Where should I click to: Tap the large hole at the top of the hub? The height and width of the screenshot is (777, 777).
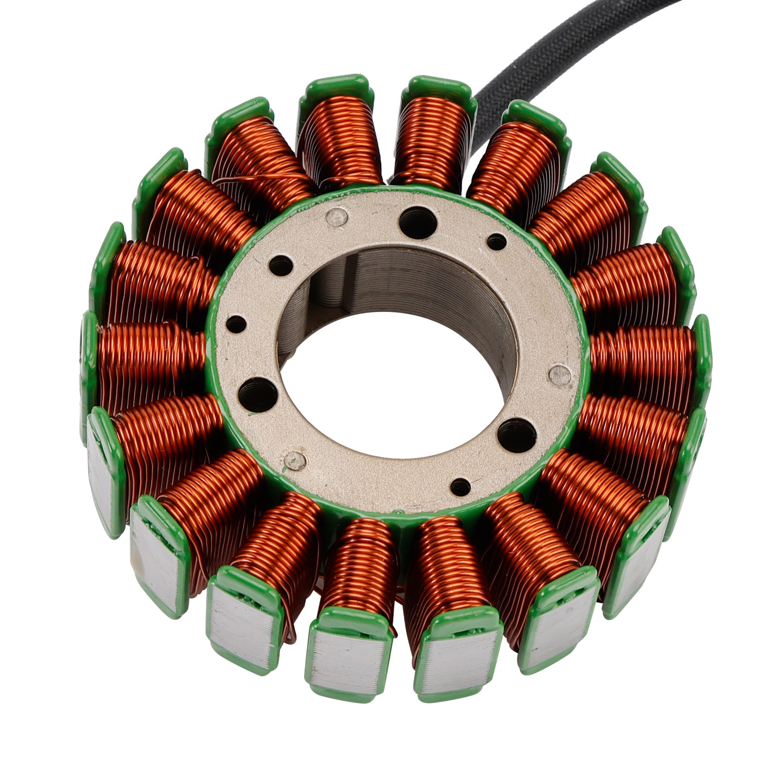tap(417, 222)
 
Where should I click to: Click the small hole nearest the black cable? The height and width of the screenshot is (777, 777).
tap(496, 241)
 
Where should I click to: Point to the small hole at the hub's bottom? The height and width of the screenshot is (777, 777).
tap(460, 487)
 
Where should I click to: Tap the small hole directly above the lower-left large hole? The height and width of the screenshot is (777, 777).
tap(236, 324)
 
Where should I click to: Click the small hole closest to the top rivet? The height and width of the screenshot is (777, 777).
tap(281, 265)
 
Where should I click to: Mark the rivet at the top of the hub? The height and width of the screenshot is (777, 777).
tap(337, 217)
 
